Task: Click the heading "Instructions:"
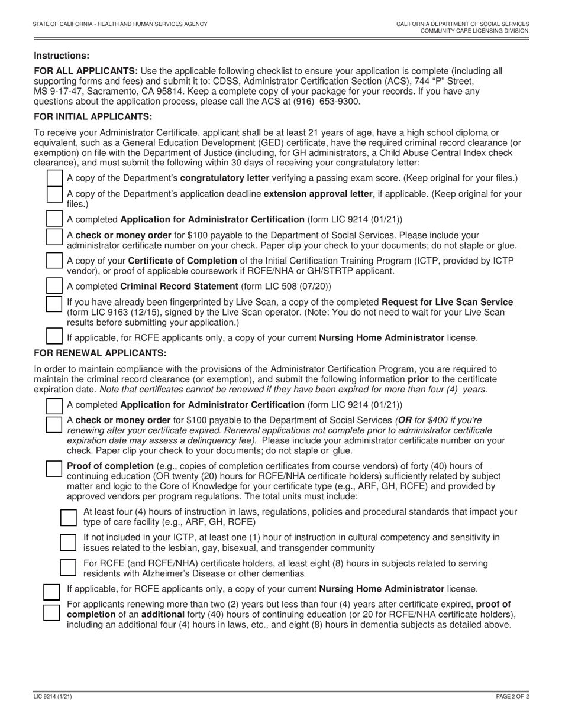pyautogui.click(x=62, y=56)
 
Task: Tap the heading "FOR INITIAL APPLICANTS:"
pyautogui.click(x=93, y=116)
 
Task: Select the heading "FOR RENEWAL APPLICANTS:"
pyautogui.click(x=100, y=353)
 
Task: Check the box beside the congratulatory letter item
pyautogui.click(x=54, y=177)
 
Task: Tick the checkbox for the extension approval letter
pyautogui.click(x=54, y=194)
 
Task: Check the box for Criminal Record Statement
pyautogui.click(x=54, y=286)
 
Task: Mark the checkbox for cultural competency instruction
pyautogui.click(x=69, y=542)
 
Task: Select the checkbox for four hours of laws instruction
pyautogui.click(x=69, y=517)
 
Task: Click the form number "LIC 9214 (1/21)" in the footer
pyautogui.click(x=53, y=697)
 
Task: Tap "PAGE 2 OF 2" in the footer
pyautogui.click(x=512, y=697)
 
